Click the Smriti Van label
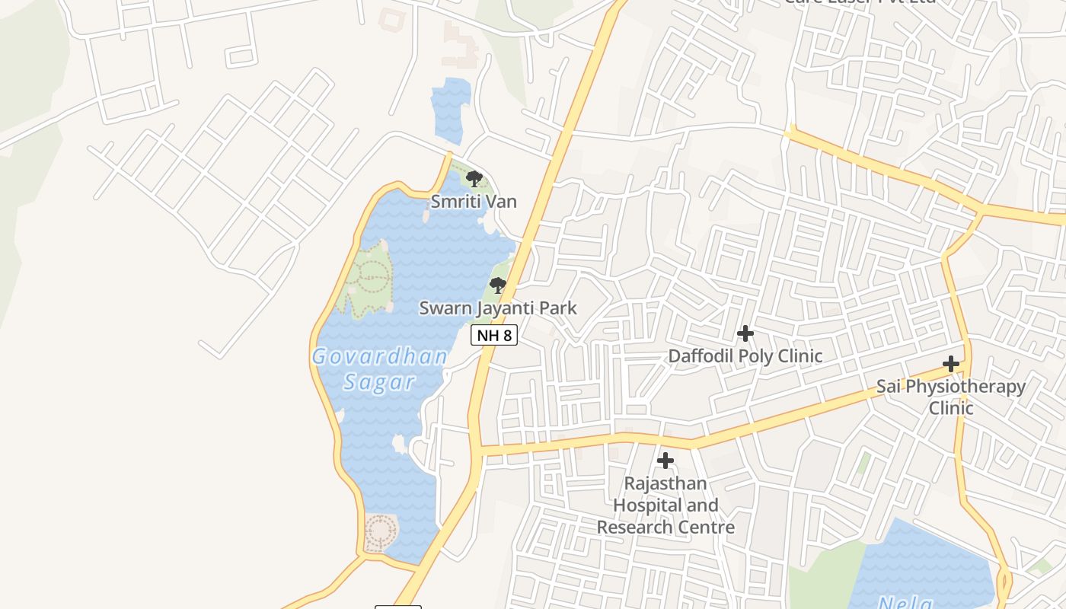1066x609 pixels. tap(474, 202)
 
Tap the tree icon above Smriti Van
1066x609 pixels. tap(474, 180)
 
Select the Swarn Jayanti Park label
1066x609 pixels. tap(498, 308)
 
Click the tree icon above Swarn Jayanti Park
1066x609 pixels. tap(498, 286)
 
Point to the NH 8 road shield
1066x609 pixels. tap(494, 335)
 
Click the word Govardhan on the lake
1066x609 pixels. tap(379, 356)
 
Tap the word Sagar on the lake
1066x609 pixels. tap(379, 382)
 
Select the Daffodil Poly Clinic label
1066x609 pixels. tap(745, 356)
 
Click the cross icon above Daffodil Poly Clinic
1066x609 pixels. tap(745, 333)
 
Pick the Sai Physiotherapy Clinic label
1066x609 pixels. tap(951, 397)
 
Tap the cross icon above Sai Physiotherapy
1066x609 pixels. tap(951, 364)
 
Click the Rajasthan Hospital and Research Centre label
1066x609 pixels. tap(665, 505)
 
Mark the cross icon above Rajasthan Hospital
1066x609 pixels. tap(665, 461)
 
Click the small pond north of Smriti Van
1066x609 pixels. tap(450, 111)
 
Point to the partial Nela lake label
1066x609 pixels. tap(905, 604)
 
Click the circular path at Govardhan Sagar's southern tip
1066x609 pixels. tap(380, 531)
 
